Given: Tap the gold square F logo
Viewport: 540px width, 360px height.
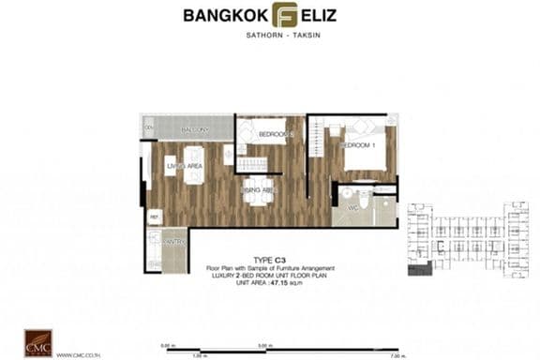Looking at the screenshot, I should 283,16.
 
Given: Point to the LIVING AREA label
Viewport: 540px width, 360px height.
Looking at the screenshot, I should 184,167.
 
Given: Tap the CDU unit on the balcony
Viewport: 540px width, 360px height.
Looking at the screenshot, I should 148,127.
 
